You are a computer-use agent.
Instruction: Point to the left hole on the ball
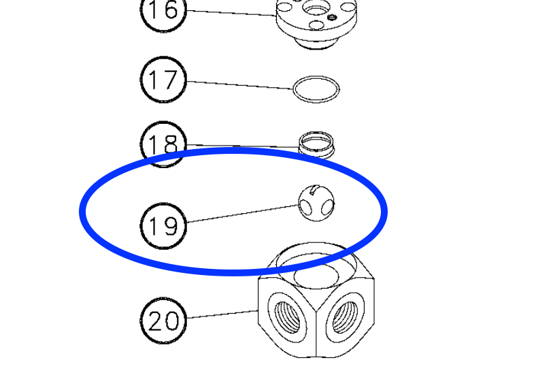point(305,206)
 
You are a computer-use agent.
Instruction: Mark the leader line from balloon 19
point(243,214)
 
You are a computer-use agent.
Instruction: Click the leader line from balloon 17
point(240,85)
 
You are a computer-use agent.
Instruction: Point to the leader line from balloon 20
point(222,314)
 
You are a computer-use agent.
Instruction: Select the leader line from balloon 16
point(231,13)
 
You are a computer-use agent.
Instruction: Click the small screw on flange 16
point(331,17)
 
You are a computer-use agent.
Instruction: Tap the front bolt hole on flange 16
point(316,25)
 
